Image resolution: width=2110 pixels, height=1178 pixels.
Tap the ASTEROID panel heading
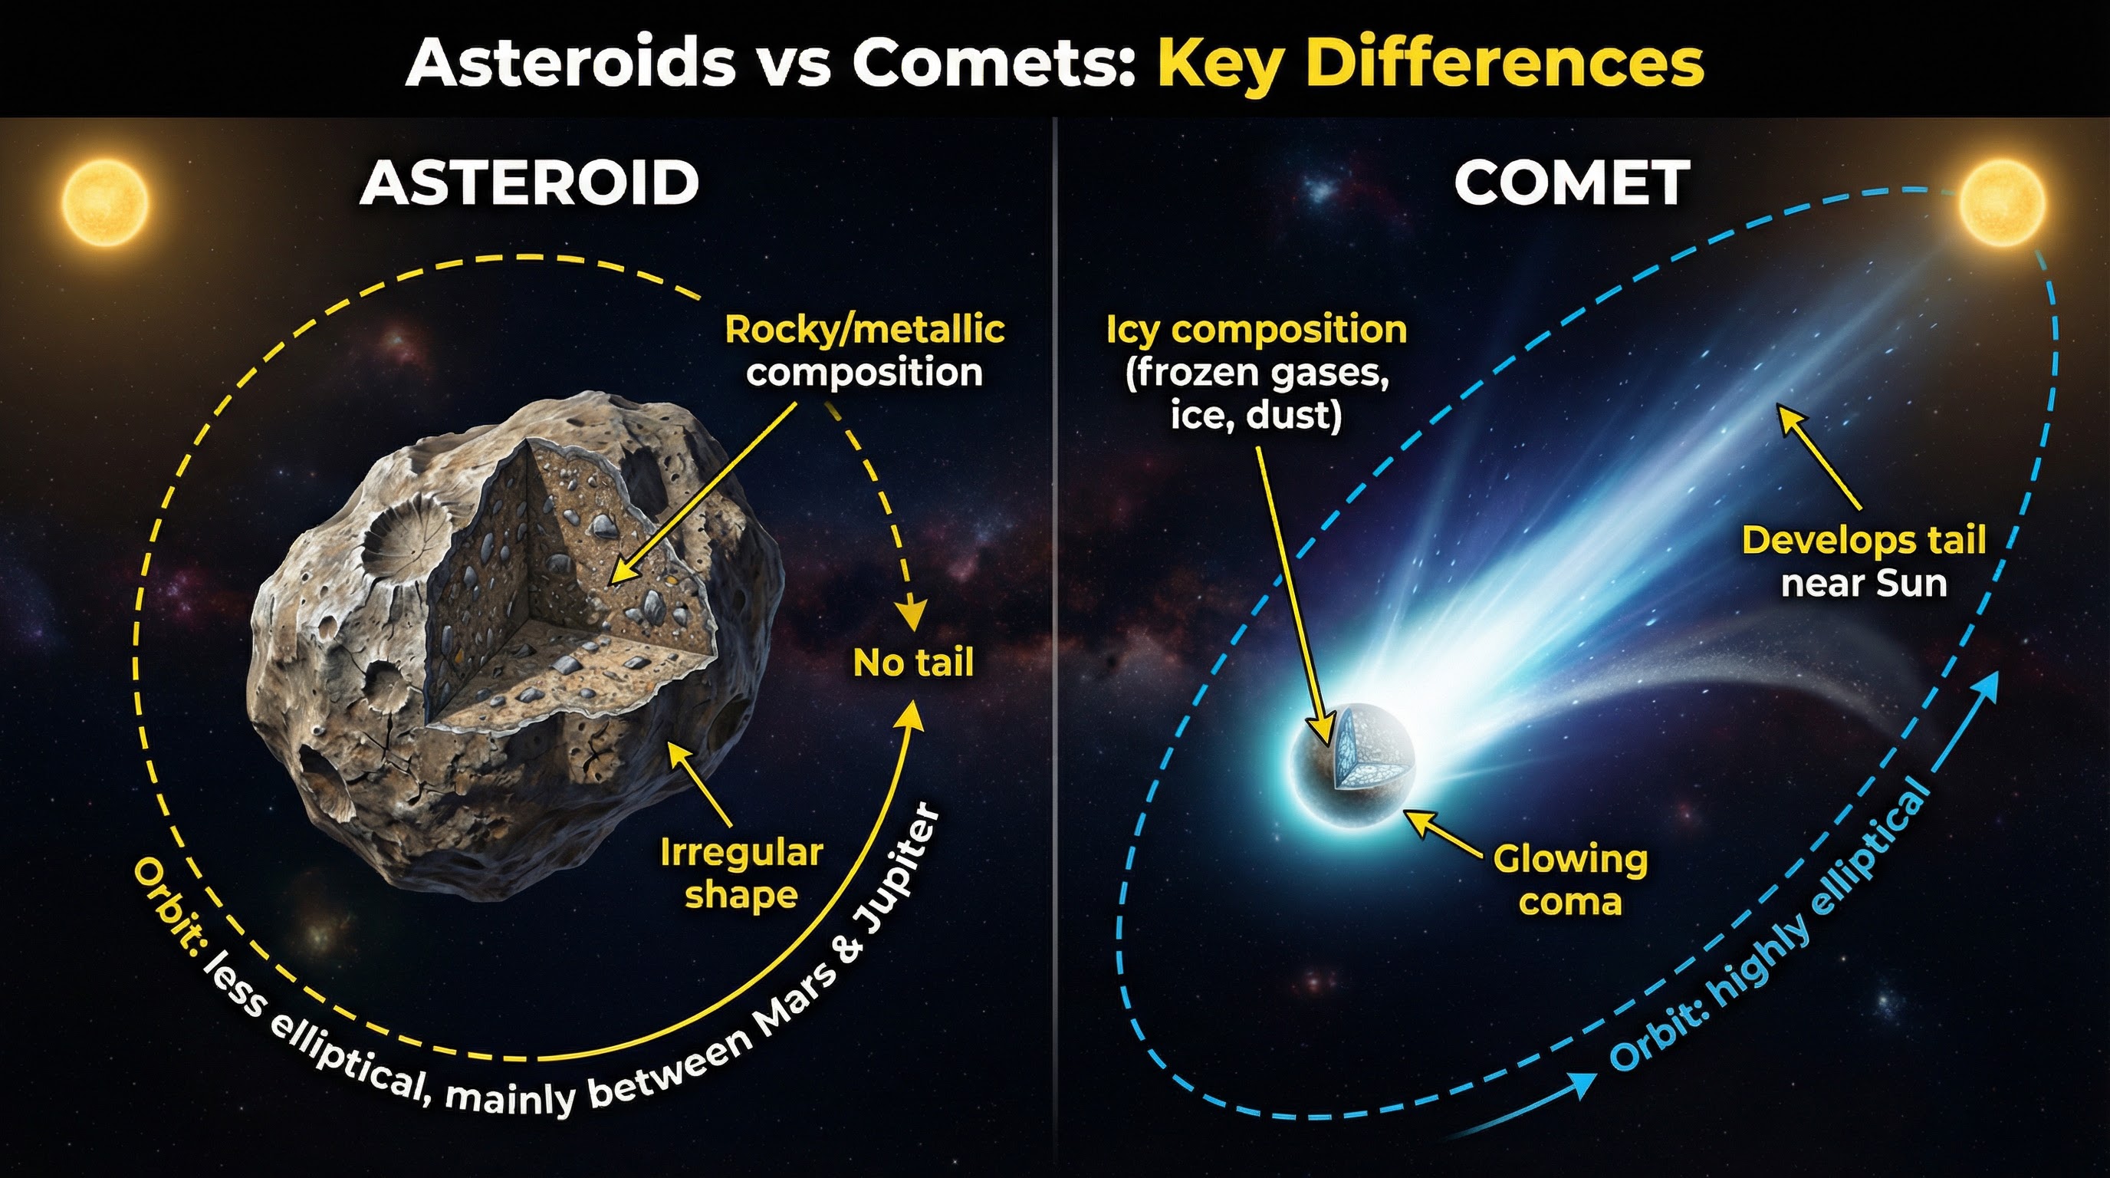click(529, 183)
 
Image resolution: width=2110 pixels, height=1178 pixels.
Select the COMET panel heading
click(1572, 183)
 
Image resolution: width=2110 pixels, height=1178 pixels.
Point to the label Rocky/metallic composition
click(864, 350)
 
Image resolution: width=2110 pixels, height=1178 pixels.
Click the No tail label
click(913, 663)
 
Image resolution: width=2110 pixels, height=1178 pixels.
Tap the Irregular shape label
click(741, 874)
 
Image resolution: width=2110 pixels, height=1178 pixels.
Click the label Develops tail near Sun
click(1863, 562)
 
